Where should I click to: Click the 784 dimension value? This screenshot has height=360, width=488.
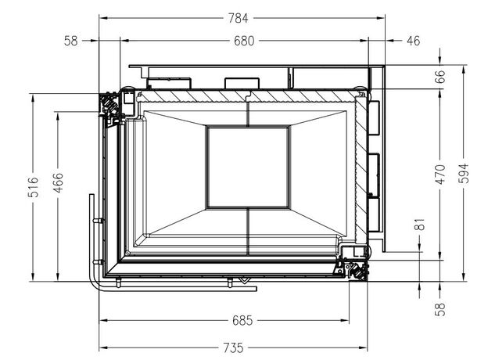click(238, 18)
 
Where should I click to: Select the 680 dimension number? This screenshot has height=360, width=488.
click(244, 41)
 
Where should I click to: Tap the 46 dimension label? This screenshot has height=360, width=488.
click(413, 41)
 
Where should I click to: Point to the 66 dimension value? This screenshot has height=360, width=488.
click(440, 77)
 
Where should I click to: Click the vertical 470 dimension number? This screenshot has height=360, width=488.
click(440, 175)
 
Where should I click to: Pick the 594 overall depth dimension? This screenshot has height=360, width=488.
click(464, 173)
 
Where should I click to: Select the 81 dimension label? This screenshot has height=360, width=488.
click(420, 225)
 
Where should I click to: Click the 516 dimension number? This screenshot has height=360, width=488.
click(34, 187)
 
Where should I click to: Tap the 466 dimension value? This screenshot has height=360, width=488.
click(58, 183)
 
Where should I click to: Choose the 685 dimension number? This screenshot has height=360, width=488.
click(242, 320)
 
